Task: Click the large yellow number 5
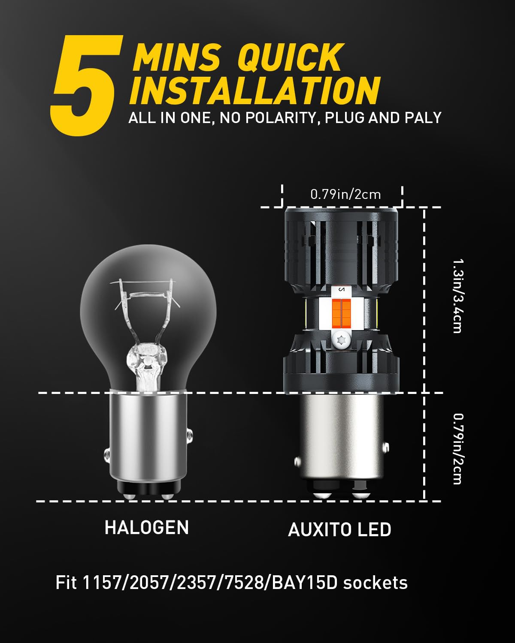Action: (87, 85)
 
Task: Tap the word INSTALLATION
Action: (255, 90)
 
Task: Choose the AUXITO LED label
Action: (339, 530)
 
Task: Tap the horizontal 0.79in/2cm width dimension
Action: (345, 195)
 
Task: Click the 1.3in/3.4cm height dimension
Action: (457, 296)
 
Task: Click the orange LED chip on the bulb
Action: (342, 312)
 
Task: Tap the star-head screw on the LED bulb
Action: (341, 340)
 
